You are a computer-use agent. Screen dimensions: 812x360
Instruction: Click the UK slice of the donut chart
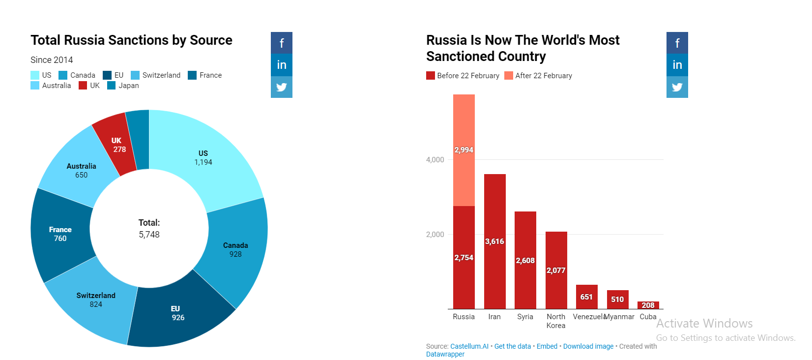116,145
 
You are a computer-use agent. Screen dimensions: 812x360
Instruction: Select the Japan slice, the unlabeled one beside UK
140,140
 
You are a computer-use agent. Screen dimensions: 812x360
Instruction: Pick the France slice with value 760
60,234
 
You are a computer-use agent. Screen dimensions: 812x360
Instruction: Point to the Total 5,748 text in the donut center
149,228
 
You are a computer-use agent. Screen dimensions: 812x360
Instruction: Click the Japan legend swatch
111,86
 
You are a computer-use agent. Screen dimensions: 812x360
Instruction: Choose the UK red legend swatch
83,86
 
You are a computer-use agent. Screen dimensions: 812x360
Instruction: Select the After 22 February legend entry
538,75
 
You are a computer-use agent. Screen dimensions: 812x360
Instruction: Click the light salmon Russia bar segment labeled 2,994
464,150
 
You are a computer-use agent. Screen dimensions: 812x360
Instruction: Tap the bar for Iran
495,241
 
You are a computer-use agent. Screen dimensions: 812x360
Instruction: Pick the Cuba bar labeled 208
648,305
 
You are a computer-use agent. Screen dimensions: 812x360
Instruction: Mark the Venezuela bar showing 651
586,297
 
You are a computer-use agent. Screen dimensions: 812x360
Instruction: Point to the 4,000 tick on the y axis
435,159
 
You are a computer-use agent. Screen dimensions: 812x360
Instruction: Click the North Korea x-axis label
556,321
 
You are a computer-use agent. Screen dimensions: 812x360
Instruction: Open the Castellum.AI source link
469,346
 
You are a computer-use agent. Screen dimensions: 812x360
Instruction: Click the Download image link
588,346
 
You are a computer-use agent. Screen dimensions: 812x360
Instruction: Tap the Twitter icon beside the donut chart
282,87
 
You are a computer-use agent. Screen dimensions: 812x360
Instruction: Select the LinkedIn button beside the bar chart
677,65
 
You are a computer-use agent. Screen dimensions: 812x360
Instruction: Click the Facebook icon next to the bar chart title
677,43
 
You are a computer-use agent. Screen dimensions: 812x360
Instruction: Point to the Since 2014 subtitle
52,60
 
